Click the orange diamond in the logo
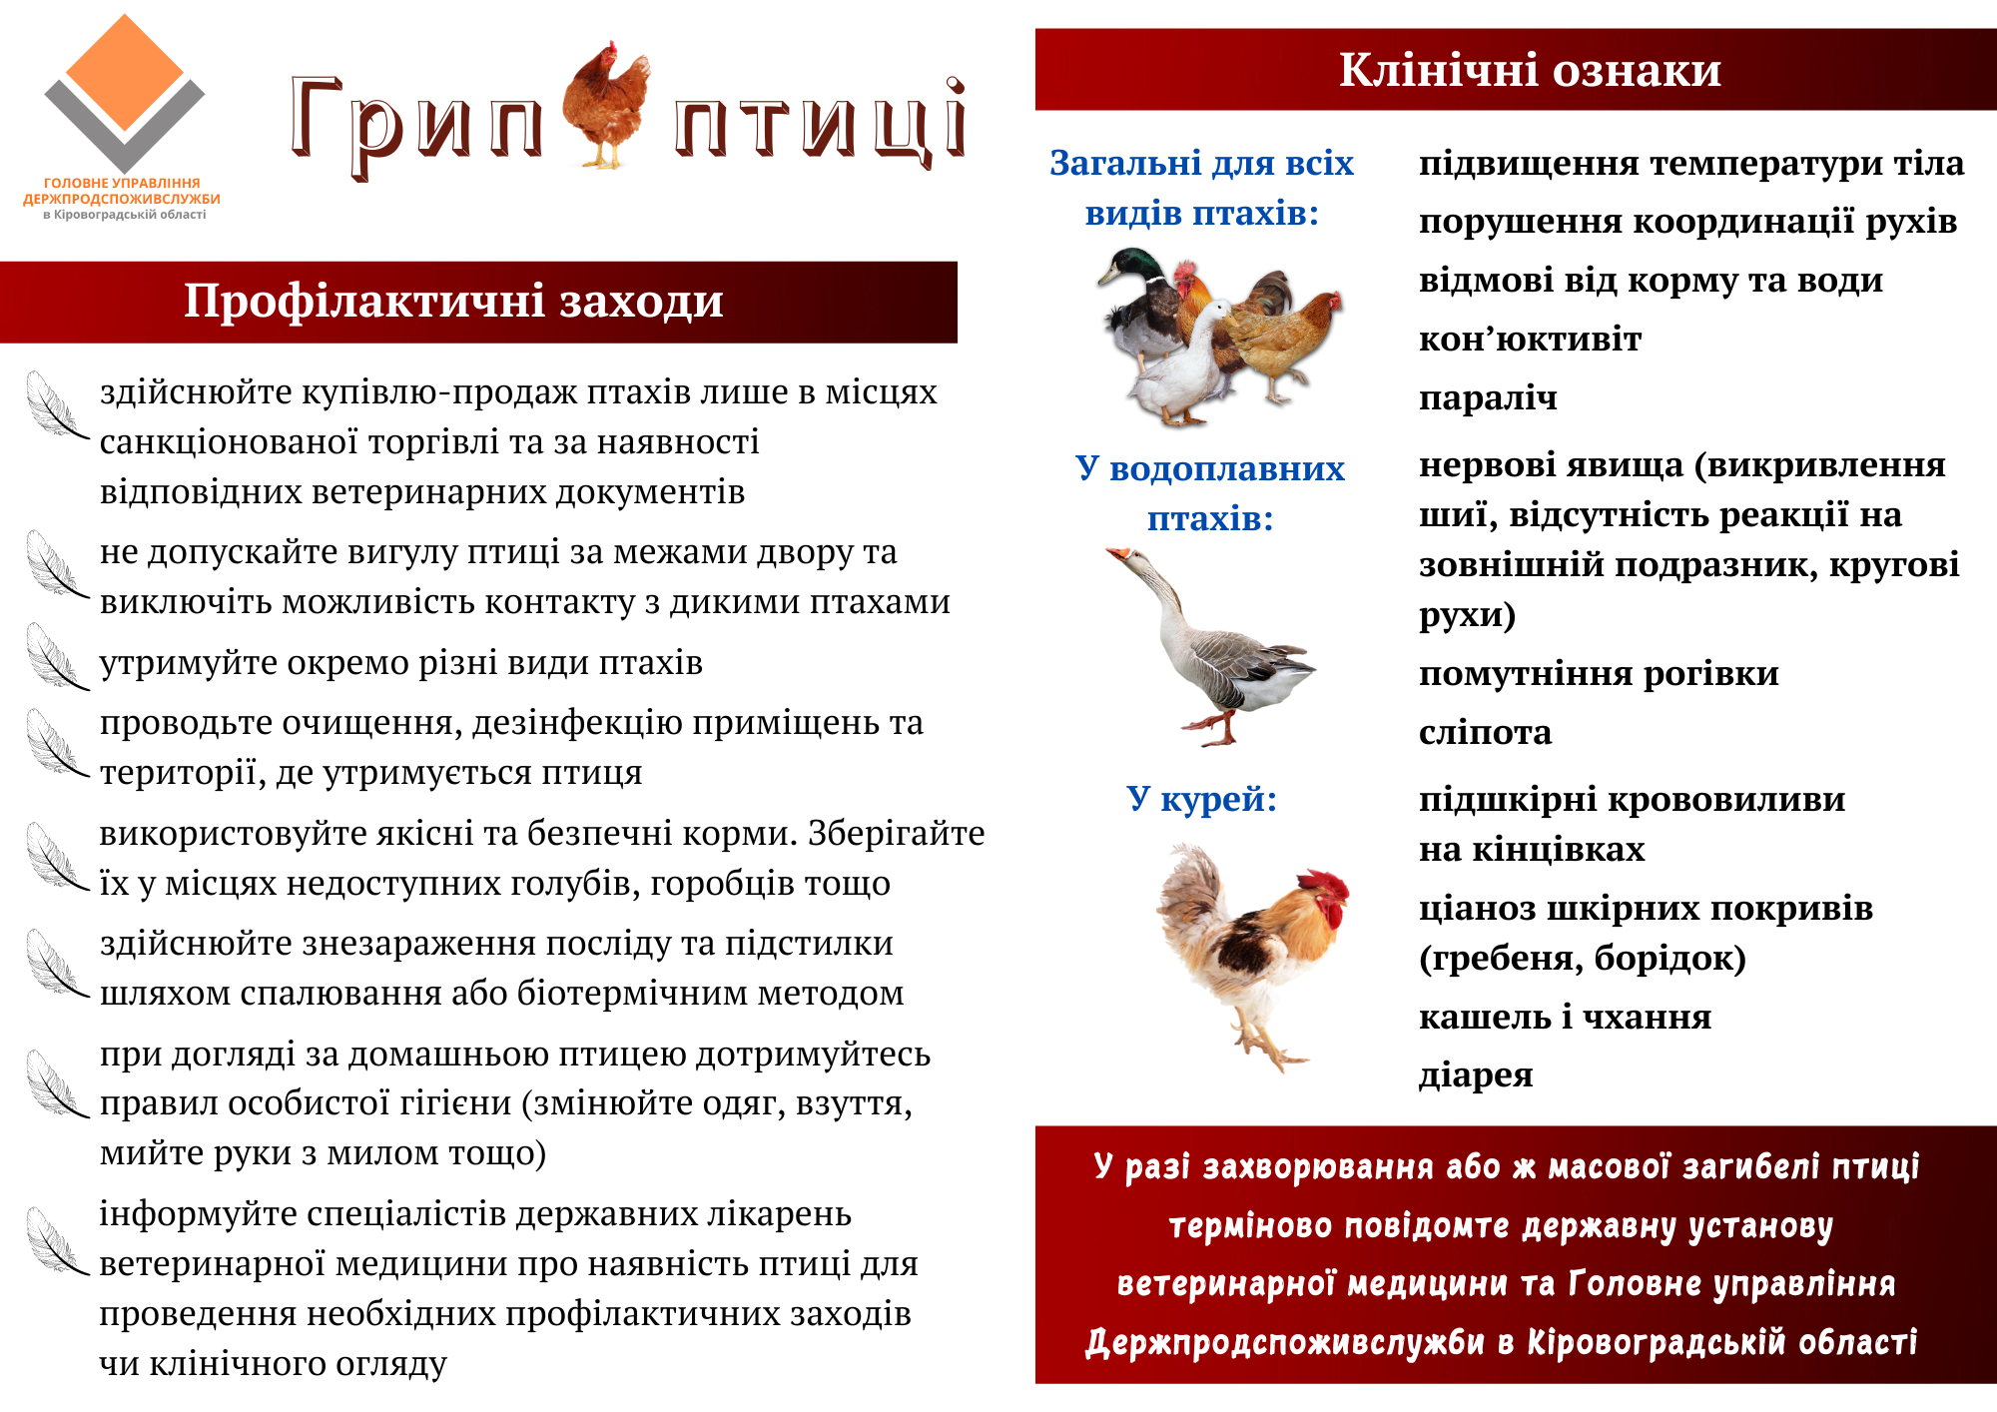tap(124, 72)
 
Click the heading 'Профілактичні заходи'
tap(453, 301)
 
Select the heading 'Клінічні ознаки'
tap(1530, 70)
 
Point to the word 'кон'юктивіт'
tap(1530, 340)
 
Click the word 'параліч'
tap(1488, 398)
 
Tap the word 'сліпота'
tap(1485, 733)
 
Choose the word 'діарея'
tap(1476, 1075)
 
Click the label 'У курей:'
tap(1202, 799)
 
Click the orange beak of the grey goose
tap(1116, 553)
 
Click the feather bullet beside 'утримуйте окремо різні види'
tap(56, 656)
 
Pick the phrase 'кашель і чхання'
tap(1565, 1017)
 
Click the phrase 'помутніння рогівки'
tap(1599, 674)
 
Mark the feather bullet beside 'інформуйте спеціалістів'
tap(56, 1240)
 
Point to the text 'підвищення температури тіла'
tap(1691, 164)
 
